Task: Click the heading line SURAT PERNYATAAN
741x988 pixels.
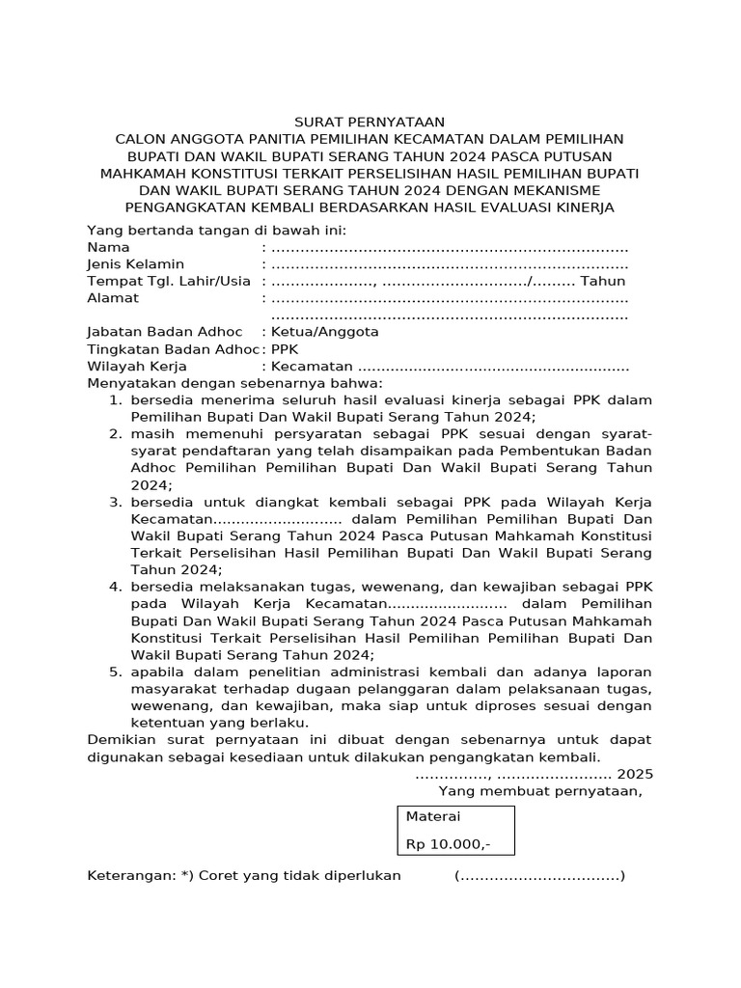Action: (x=370, y=122)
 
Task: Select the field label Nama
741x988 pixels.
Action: (x=109, y=247)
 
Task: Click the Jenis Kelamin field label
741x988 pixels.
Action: (x=136, y=263)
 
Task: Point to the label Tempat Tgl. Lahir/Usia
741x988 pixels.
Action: (x=169, y=281)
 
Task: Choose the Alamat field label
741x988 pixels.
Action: (x=113, y=298)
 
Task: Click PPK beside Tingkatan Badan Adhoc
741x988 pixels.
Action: (x=286, y=348)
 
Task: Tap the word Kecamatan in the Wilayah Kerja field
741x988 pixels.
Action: (x=313, y=367)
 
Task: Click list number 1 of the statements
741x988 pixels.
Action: (x=114, y=399)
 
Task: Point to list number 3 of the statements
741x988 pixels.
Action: (x=114, y=502)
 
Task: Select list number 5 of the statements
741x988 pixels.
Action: (x=114, y=671)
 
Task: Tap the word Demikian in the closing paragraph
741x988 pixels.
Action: (x=121, y=739)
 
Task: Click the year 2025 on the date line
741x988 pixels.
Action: (x=635, y=774)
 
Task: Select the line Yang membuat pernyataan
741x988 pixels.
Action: (x=540, y=791)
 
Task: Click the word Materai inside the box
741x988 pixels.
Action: (x=434, y=816)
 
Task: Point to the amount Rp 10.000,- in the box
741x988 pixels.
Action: (x=448, y=843)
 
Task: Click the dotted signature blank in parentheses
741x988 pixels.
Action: (x=539, y=876)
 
